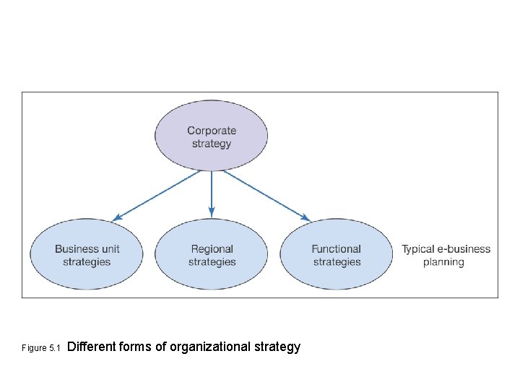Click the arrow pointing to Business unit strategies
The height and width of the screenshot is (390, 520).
157,194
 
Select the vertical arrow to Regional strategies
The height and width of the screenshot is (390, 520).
212,191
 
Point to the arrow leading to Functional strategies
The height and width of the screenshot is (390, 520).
265,194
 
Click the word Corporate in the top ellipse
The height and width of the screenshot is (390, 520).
212,131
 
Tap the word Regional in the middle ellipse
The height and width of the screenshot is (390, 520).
212,249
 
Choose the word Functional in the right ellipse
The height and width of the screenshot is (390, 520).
337,249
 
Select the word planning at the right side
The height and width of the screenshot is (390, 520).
443,262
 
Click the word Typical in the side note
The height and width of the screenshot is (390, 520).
418,249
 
